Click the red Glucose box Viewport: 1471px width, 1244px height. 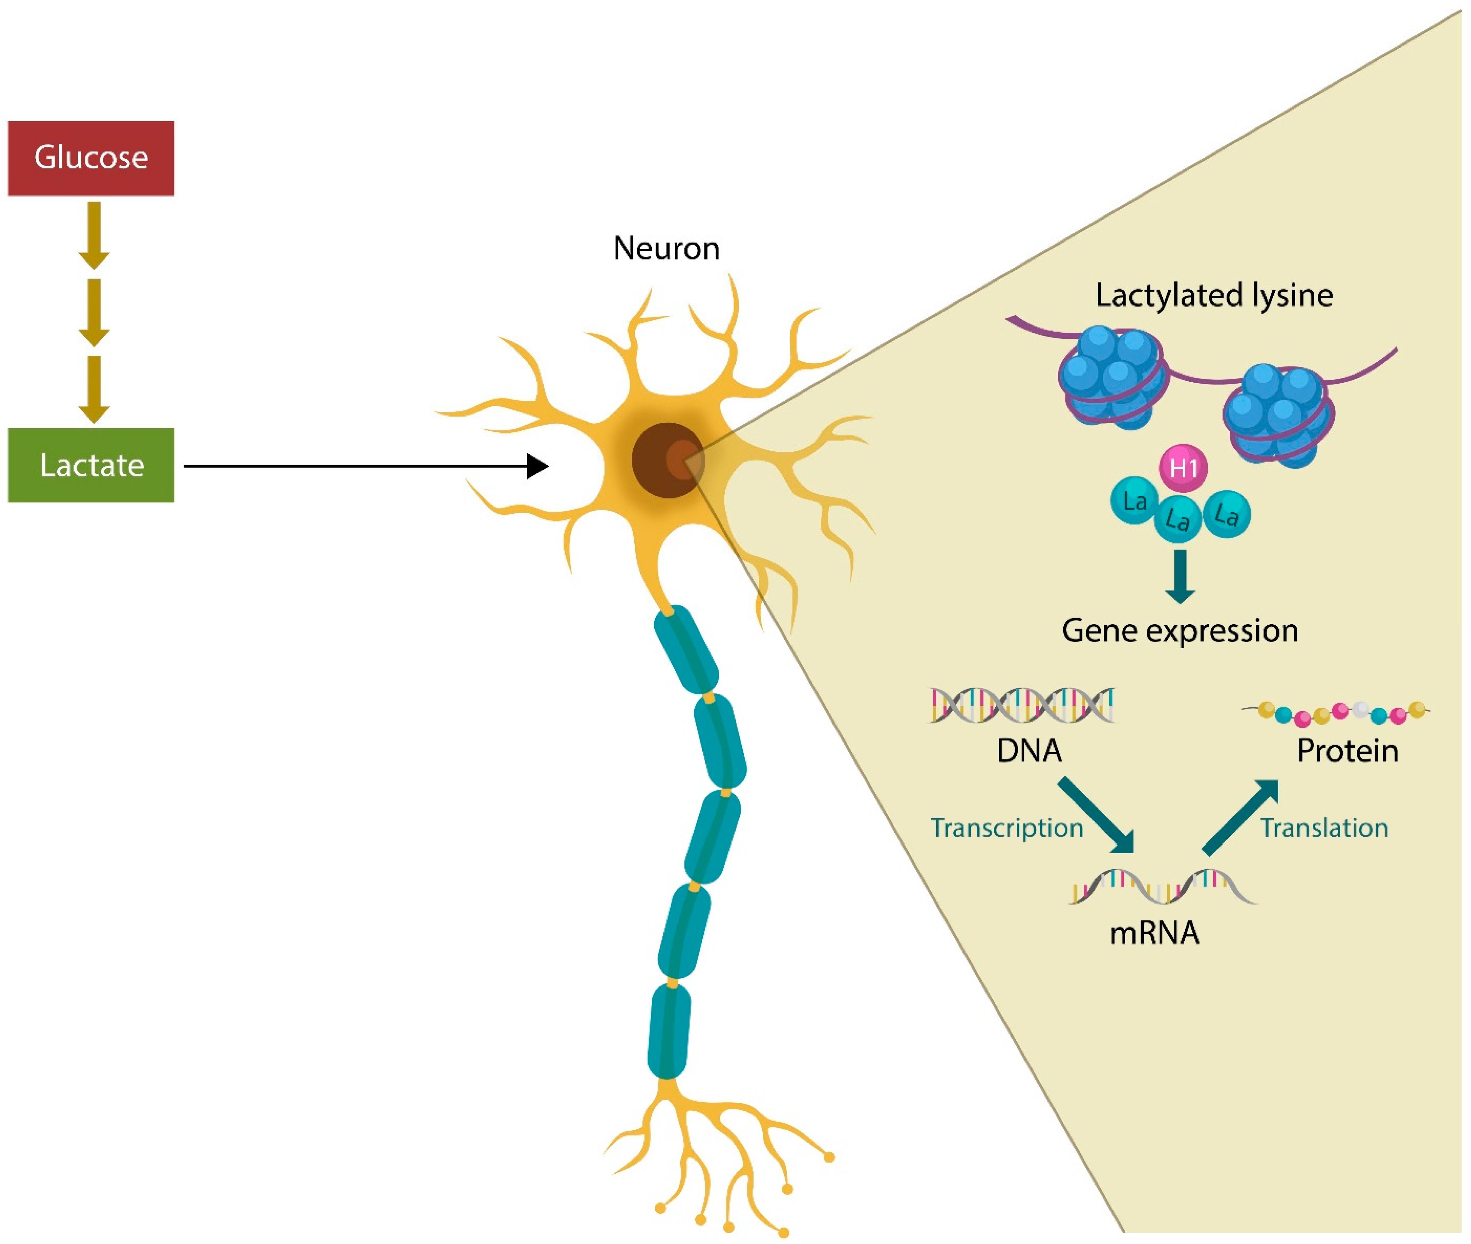click(x=91, y=158)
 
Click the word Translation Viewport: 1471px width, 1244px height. click(x=1324, y=828)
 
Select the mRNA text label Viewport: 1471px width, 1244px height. click(x=1154, y=933)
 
